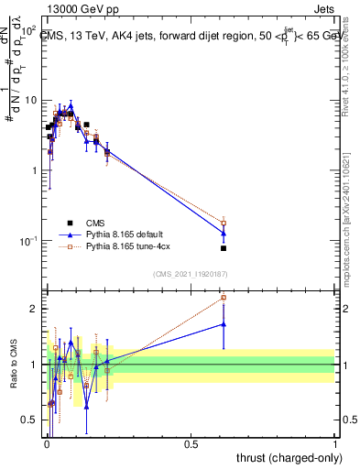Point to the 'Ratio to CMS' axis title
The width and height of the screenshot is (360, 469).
[12, 366]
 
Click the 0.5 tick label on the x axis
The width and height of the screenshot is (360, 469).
[191, 442]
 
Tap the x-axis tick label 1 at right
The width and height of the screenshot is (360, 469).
[334, 442]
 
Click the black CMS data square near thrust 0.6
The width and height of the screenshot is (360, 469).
[224, 247]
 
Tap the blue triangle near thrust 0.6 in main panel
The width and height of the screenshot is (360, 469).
[224, 233]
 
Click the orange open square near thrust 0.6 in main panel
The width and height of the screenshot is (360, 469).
[224, 223]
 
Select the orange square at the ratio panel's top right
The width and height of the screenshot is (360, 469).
[224, 298]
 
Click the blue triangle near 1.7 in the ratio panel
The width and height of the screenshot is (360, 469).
[224, 323]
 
